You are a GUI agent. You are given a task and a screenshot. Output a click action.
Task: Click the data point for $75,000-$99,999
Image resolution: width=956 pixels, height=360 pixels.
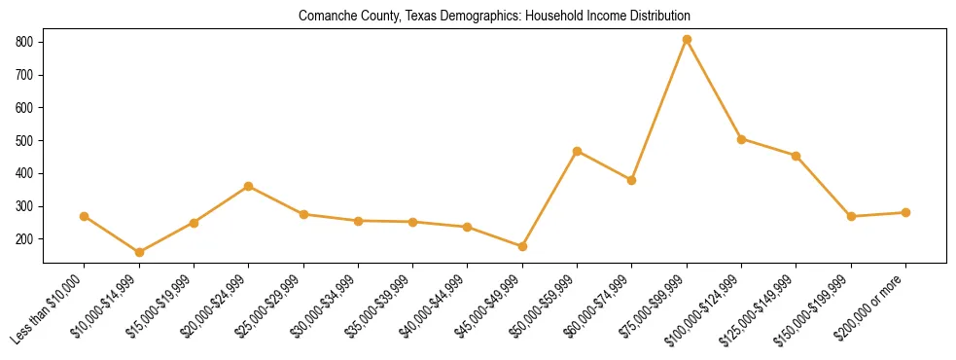687,39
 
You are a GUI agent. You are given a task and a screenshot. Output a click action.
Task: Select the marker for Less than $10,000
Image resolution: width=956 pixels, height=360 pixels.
85,216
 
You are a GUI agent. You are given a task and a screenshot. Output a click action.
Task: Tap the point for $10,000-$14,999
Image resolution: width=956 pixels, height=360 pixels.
139,252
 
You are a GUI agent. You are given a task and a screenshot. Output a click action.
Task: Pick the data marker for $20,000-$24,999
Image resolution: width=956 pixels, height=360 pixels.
249,186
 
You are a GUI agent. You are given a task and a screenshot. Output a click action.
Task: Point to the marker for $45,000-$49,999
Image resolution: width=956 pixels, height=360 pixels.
522,246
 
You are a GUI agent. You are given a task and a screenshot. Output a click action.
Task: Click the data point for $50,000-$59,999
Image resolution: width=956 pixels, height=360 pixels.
577,151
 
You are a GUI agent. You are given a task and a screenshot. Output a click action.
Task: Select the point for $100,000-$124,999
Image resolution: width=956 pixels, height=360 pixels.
741,139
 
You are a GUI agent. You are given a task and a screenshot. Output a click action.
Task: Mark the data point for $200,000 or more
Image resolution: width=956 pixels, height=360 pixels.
905,212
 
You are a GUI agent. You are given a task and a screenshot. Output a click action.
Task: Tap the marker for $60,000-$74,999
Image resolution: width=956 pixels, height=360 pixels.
631,180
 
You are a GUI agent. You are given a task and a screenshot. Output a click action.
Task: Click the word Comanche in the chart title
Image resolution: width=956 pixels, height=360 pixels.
325,17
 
